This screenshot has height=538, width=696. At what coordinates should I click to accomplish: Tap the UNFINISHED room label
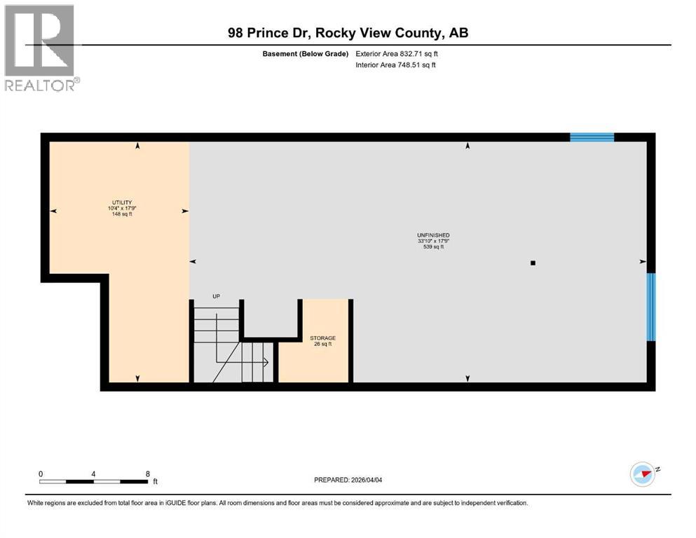coord(432,235)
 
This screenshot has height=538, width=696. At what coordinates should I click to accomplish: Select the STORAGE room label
coord(322,338)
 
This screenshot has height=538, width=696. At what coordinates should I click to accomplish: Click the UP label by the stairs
coord(217,296)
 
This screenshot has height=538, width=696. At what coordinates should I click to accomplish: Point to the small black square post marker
coord(533,263)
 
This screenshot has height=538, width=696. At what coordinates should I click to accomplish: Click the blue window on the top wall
coord(592,137)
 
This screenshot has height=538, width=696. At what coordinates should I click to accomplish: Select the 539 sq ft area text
coord(432,247)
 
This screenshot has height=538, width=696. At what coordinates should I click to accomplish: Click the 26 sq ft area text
coord(322,345)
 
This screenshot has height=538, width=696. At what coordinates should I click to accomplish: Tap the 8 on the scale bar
coord(147,474)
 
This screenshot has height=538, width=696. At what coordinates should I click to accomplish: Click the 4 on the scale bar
coord(93,474)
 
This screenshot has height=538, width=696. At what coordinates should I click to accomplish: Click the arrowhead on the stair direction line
coord(266,362)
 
